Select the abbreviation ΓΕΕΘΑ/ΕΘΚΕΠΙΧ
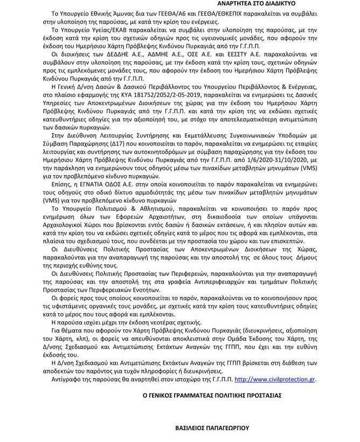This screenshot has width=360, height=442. coord(186,12)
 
